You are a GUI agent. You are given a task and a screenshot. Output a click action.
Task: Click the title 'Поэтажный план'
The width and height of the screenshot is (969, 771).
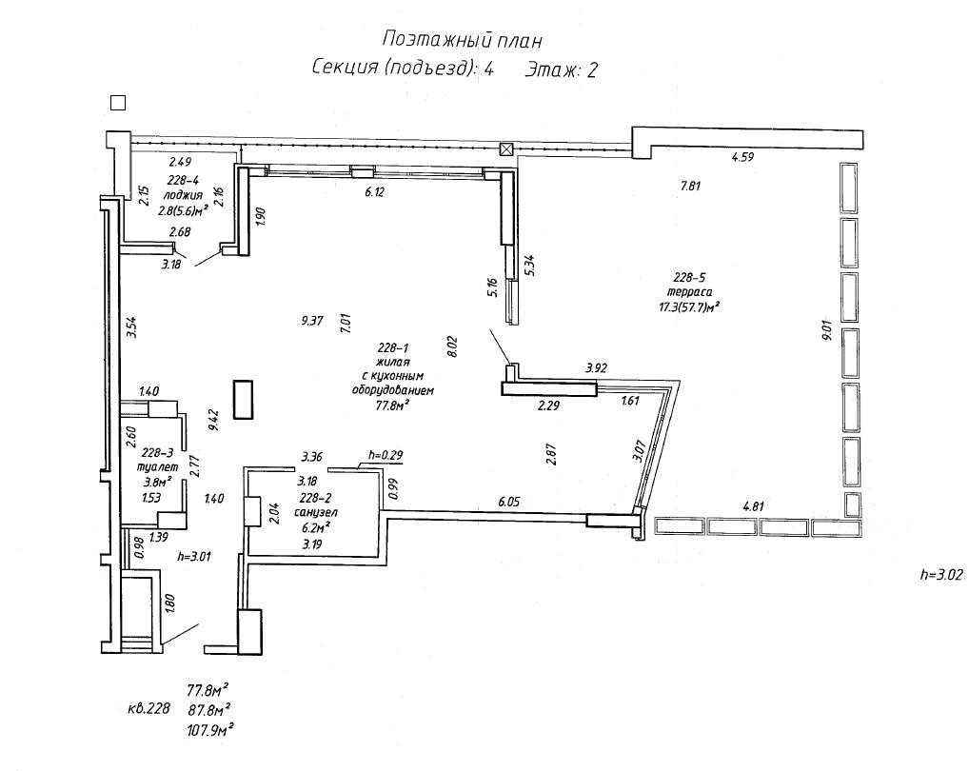[x=462, y=39]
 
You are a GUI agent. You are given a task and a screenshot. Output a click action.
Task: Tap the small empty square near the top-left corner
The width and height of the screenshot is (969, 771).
[x=118, y=103]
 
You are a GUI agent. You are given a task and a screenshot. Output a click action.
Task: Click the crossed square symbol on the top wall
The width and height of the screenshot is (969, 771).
[x=507, y=148]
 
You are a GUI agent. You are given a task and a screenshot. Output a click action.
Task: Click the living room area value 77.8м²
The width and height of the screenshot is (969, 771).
[x=392, y=405]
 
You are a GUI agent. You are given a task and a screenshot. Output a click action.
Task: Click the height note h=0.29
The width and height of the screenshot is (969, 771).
[x=386, y=455]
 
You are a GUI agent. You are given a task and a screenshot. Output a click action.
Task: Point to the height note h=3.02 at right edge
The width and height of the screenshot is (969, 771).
[x=942, y=574]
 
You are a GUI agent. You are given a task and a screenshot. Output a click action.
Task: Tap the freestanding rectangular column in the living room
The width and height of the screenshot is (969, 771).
[x=244, y=399]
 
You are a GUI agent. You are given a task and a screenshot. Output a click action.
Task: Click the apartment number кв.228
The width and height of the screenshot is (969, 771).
[x=148, y=709]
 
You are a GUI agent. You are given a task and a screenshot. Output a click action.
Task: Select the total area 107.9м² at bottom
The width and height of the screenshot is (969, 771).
[x=210, y=730]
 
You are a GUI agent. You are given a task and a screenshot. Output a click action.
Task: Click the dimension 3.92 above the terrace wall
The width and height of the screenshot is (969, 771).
[x=597, y=366]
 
